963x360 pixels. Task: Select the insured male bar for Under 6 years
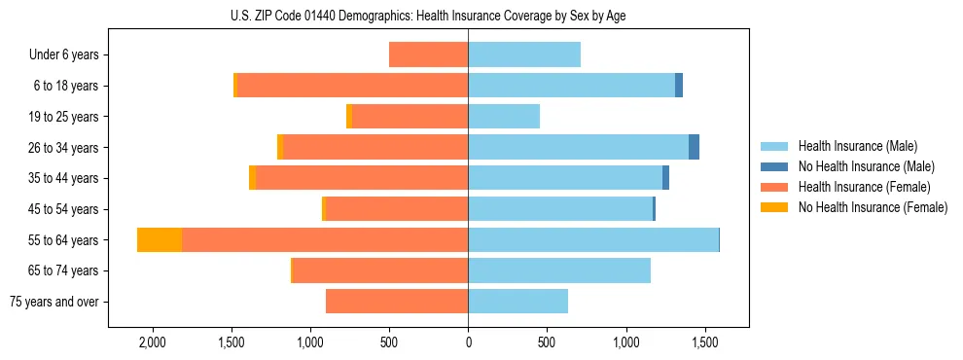(524, 54)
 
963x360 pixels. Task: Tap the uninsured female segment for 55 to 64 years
(160, 240)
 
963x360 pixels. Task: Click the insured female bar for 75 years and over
(397, 302)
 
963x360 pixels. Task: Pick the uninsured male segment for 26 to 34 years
(694, 148)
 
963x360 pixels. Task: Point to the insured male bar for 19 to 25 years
(504, 117)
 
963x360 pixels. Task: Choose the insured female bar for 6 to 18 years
(352, 86)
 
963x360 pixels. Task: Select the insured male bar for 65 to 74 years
(559, 270)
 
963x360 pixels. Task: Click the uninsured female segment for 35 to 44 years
(252, 178)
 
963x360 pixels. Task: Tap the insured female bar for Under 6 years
(428, 54)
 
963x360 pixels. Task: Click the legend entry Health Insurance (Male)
(857, 146)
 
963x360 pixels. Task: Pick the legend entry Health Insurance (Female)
(864, 187)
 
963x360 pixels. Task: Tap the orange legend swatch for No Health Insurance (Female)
(774, 207)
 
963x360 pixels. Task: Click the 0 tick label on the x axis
(468, 343)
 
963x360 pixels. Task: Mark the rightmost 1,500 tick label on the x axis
(705, 343)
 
